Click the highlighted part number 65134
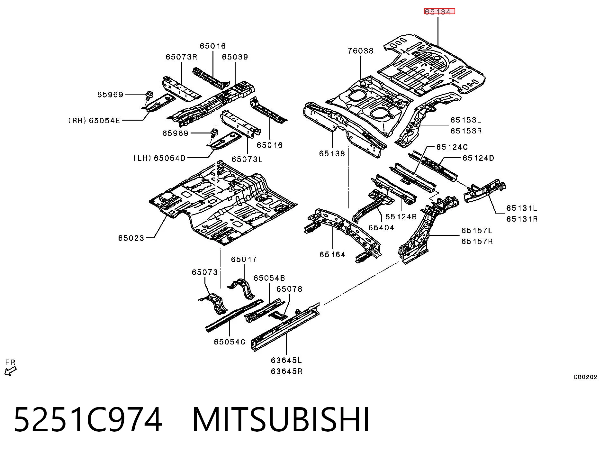coord(439,12)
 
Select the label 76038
coord(361,51)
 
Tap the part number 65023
coord(131,238)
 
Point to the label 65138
coord(332,154)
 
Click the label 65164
coord(332,255)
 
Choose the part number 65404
coord(381,228)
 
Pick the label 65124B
coord(401,217)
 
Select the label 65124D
coord(478,158)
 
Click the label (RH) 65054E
coord(94,121)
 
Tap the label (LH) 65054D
coord(159,158)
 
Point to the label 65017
coord(244,259)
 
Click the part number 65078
coord(289,289)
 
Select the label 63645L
coord(286,360)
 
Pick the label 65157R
coord(477,242)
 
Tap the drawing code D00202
coord(586,377)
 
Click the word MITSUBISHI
coord(281,420)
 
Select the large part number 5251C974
coord(88,420)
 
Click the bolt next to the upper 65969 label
coord(149,95)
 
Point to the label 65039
coord(235,57)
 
